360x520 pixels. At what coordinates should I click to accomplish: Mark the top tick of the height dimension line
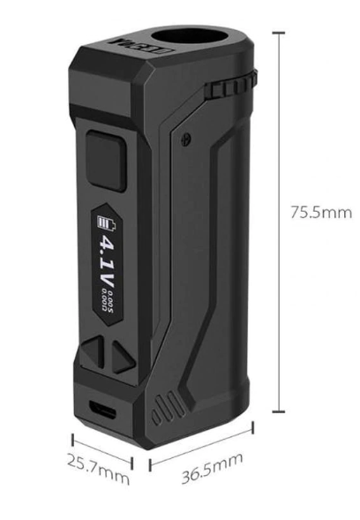pyautogui.click(x=281, y=32)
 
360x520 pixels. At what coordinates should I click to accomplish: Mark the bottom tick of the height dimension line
pyautogui.click(x=281, y=411)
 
